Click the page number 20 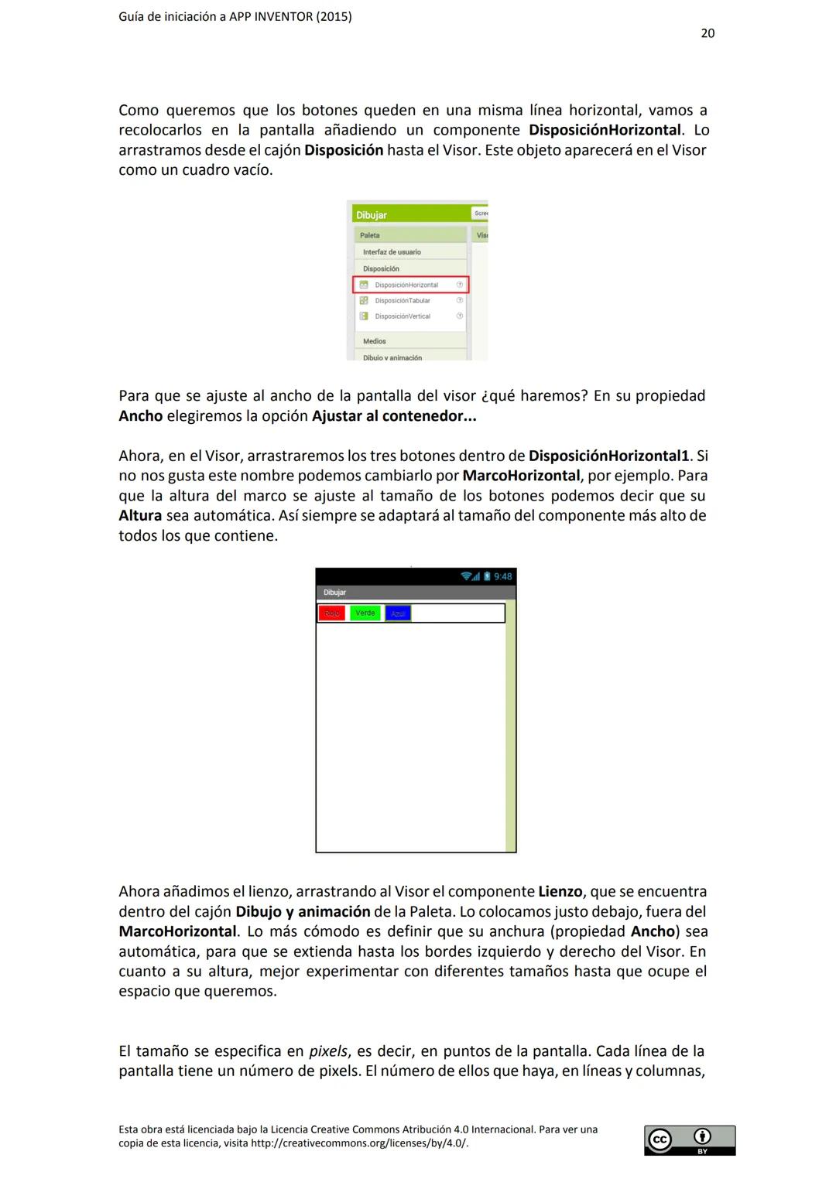click(708, 33)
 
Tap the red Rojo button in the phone click(332, 613)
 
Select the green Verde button click(365, 613)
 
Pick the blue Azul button click(398, 613)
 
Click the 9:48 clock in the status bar click(502, 576)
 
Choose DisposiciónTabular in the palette click(403, 300)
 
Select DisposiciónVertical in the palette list click(403, 316)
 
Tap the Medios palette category click(375, 341)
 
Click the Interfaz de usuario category click(392, 252)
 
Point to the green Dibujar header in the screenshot click(372, 215)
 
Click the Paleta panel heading click(370, 235)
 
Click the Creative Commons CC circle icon click(660, 1139)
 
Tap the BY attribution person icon click(702, 1136)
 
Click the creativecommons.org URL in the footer click(359, 1143)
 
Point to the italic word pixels click(328, 1051)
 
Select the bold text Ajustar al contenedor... click(393, 416)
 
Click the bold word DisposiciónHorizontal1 click(608, 456)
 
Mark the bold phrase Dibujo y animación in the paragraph click(303, 912)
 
